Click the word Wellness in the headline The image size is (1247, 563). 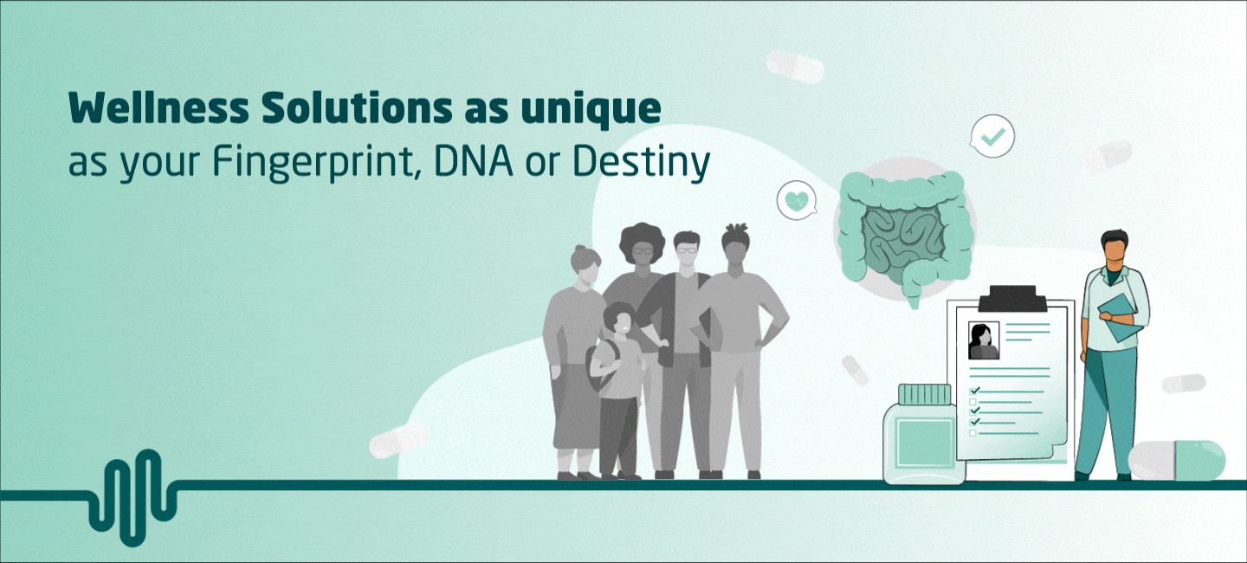(158, 108)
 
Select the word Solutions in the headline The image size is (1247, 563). (357, 108)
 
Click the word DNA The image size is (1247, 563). (473, 161)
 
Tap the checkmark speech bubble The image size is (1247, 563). (992, 136)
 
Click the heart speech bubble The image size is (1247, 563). (798, 200)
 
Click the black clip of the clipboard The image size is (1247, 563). (1012, 299)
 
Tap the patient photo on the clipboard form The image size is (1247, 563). (984, 340)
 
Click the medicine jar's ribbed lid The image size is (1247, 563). (924, 394)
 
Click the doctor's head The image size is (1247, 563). (1115, 250)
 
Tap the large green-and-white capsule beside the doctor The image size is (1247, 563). (1176, 460)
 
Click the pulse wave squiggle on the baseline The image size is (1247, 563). (133, 497)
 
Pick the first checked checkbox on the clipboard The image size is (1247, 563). (974, 391)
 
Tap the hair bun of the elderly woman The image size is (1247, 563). (581, 249)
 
